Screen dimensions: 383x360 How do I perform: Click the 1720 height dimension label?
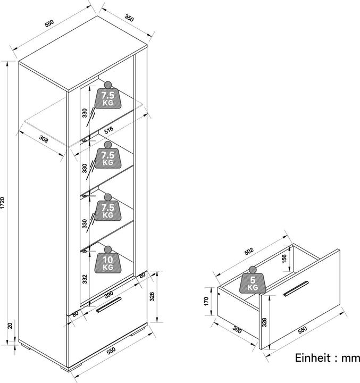5,204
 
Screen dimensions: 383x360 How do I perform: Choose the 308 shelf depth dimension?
46,140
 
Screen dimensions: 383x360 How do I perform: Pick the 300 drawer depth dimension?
237,330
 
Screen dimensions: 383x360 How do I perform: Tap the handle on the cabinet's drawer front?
109,308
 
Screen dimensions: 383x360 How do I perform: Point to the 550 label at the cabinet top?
49,24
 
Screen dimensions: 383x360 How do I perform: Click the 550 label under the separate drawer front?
302,330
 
